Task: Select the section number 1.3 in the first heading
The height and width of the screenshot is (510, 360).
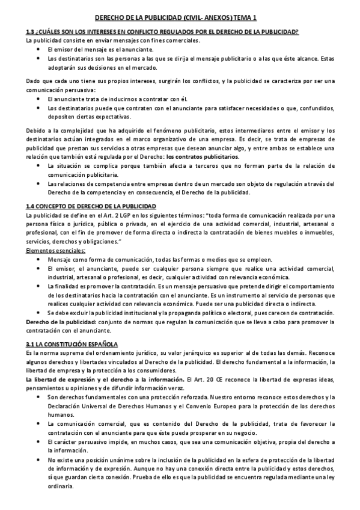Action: coord(31,32)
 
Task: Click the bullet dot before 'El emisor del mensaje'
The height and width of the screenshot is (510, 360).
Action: coord(38,49)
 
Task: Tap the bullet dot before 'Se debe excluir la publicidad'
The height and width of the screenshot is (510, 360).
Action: coord(38,313)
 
